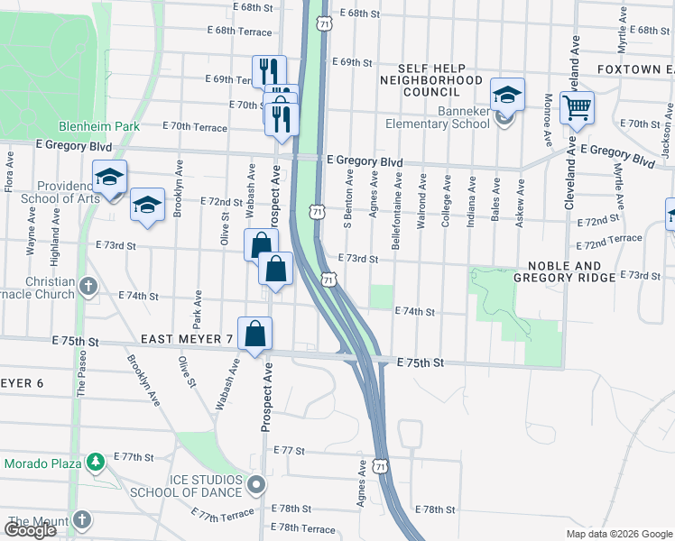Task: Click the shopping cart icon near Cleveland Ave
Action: pyautogui.click(x=576, y=109)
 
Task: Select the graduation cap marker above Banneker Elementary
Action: pyautogui.click(x=507, y=95)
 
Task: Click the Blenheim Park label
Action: pyautogui.click(x=99, y=127)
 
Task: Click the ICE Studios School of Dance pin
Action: pyautogui.click(x=255, y=486)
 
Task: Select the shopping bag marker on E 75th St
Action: pyautogui.click(x=255, y=334)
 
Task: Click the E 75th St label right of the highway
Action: pyautogui.click(x=421, y=362)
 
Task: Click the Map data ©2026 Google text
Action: pyautogui.click(x=618, y=534)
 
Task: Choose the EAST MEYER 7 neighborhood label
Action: pyautogui.click(x=187, y=339)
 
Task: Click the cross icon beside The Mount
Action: pyautogui.click(x=81, y=521)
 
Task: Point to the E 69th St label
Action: pyautogui.click(x=352, y=62)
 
